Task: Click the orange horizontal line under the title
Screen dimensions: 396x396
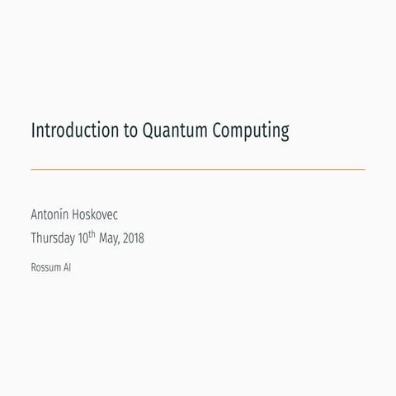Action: (x=198, y=169)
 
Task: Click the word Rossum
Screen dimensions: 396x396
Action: (x=45, y=267)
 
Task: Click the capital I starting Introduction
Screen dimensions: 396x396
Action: (x=33, y=131)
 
